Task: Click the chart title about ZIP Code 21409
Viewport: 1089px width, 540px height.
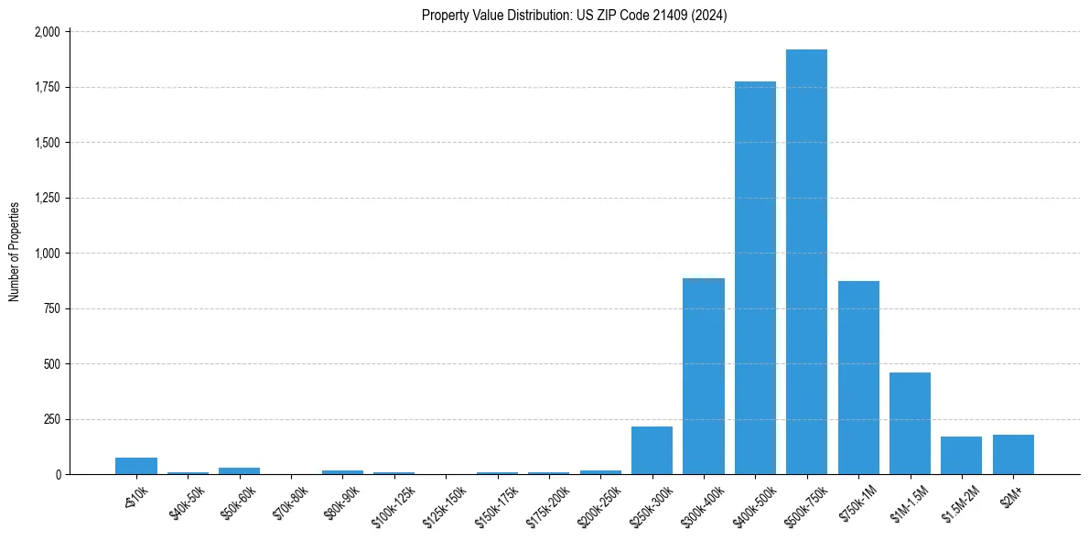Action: click(574, 16)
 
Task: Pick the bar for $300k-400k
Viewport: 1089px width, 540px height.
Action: click(704, 376)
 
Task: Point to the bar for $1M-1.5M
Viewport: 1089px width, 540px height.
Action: click(910, 423)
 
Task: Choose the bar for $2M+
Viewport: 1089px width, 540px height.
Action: click(1013, 454)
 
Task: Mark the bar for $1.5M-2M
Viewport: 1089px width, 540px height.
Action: click(961, 455)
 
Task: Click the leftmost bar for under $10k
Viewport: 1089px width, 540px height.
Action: click(136, 466)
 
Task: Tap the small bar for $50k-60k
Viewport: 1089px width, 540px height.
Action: click(239, 470)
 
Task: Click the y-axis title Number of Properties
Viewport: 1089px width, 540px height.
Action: click(15, 252)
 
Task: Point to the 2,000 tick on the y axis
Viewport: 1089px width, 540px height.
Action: click(47, 32)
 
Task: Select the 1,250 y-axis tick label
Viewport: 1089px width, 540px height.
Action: click(47, 198)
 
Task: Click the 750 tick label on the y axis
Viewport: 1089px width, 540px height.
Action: click(52, 308)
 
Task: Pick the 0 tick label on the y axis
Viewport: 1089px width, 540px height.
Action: click(59, 475)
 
